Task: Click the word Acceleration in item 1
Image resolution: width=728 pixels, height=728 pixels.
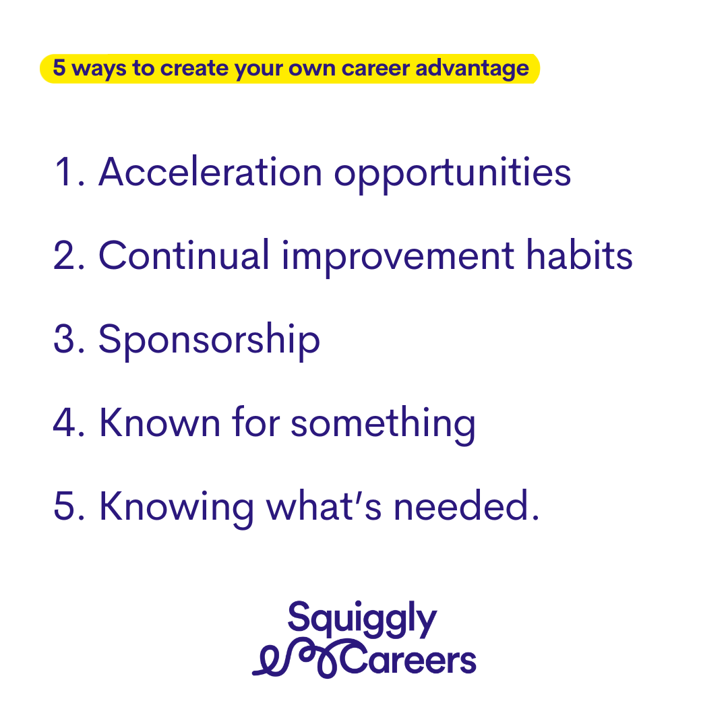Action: click(210, 172)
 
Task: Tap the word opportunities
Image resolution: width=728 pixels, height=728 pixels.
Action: click(453, 175)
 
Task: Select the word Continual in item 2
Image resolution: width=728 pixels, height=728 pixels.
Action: click(184, 255)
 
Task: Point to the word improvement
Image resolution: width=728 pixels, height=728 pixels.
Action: click(398, 258)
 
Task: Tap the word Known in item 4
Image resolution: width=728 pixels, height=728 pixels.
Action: click(160, 422)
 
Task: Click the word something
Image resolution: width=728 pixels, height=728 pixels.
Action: click(383, 425)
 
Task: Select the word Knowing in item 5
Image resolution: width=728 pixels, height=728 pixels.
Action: click(177, 508)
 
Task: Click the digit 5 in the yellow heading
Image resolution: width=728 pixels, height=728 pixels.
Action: click(59, 67)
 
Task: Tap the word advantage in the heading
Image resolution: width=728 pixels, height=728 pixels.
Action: click(472, 69)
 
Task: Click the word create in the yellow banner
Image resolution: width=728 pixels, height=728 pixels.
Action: click(194, 68)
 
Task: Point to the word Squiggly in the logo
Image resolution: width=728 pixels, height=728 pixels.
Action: click(362, 619)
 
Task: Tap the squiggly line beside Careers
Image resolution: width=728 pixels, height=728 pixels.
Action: click(298, 659)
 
